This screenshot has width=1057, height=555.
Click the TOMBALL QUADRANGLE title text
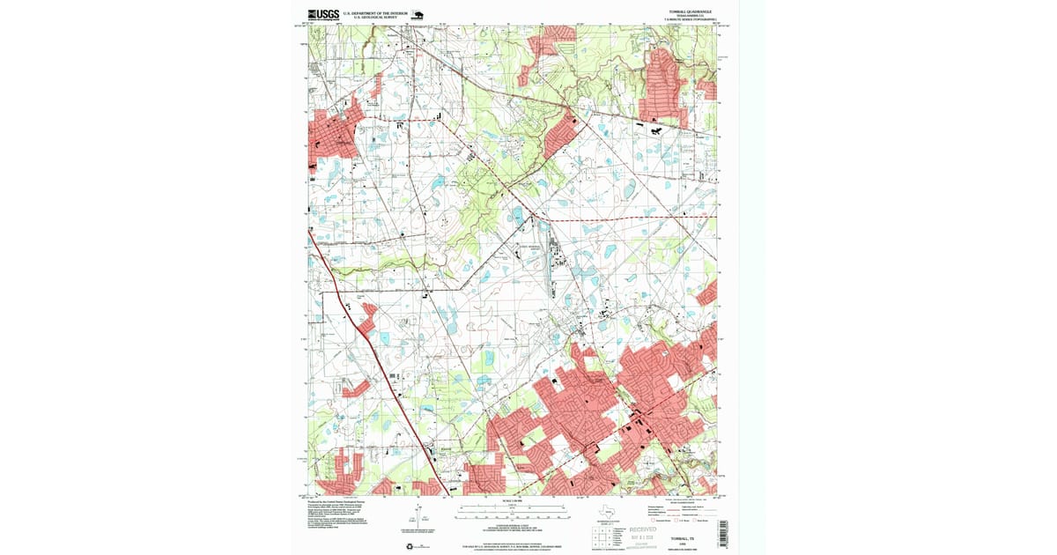[x=690, y=11]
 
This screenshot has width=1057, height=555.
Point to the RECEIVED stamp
[x=650, y=530]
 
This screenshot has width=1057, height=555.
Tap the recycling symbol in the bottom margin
[x=409, y=546]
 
